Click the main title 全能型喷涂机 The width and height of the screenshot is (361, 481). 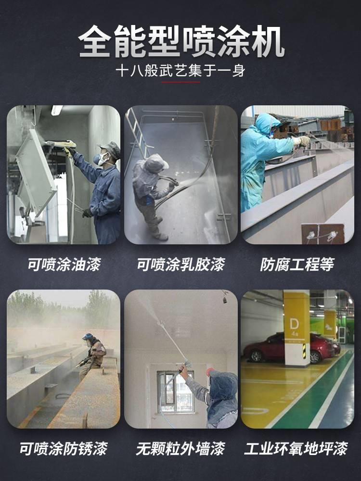[181, 41]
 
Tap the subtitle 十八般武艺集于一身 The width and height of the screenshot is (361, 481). [181, 71]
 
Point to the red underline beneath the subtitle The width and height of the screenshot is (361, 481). [181, 82]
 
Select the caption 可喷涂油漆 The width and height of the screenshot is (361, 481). [64, 264]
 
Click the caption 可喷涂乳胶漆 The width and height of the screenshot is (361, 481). [180, 264]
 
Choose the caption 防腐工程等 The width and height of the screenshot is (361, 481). [297, 264]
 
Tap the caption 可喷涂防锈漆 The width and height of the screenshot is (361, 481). [63, 448]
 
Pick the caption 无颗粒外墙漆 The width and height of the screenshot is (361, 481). [180, 448]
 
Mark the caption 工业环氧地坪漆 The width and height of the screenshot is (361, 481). [296, 448]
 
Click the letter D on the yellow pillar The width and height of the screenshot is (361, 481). [294, 324]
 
